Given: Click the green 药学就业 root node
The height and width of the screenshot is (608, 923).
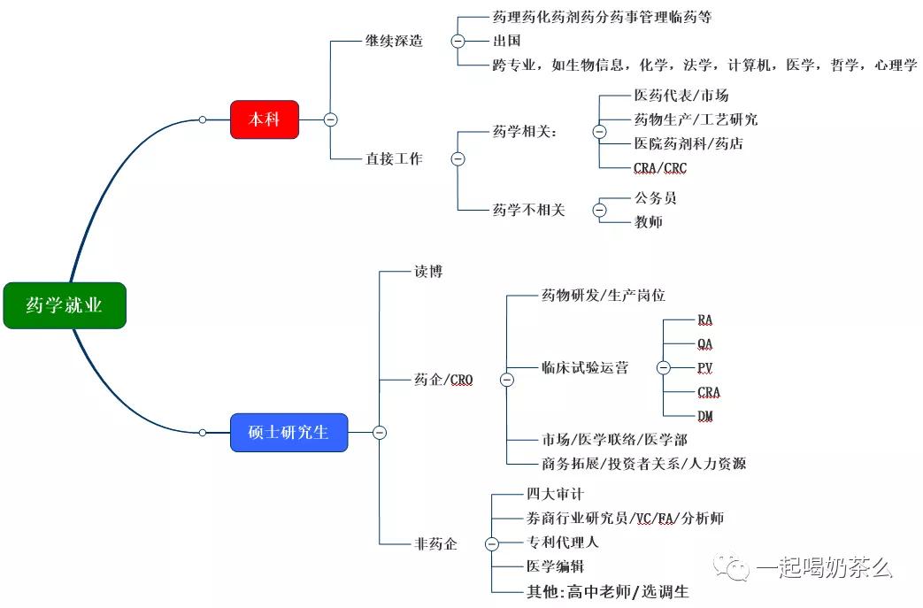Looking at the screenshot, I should [x=65, y=305].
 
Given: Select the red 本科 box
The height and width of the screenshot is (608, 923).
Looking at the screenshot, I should [x=265, y=119].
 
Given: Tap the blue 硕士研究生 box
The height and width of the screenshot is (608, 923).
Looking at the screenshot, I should [x=288, y=433].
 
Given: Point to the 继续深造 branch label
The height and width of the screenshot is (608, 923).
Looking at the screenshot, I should [x=394, y=41].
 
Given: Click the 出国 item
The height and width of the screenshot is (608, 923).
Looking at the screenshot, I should [x=506, y=41].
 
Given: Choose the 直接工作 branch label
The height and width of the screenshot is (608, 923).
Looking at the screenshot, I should [x=394, y=159].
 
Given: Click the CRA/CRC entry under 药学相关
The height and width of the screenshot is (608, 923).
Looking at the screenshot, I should [x=659, y=167].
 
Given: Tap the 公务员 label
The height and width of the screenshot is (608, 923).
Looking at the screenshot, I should [x=655, y=198].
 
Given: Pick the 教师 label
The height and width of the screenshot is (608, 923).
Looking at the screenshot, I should [x=648, y=222].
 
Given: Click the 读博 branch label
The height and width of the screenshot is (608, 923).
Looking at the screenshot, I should [x=428, y=272].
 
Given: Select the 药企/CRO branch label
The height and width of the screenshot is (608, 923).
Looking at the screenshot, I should [x=443, y=380].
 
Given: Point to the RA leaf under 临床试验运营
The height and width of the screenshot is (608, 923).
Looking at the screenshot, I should [x=705, y=319].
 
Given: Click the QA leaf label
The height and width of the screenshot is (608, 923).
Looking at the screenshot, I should [x=705, y=344].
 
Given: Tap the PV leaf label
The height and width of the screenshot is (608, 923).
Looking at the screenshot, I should [x=705, y=368].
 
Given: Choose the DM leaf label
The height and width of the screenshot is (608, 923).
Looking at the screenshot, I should [x=705, y=416].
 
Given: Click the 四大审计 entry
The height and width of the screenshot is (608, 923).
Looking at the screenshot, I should [x=555, y=494].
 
